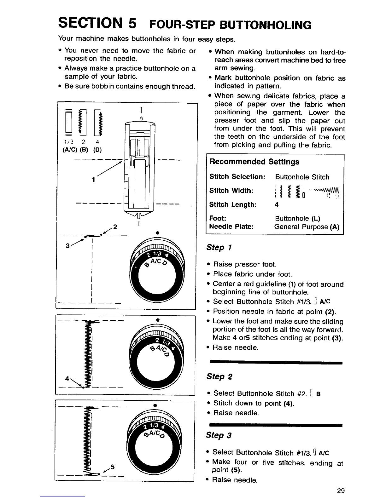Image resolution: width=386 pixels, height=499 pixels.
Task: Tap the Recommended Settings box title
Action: click(x=254, y=162)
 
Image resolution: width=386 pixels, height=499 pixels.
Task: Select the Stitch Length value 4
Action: click(x=277, y=205)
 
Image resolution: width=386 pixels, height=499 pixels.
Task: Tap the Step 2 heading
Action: click(x=219, y=376)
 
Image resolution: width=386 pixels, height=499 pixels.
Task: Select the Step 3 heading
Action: click(x=219, y=435)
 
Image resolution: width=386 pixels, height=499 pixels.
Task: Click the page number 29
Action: click(x=341, y=490)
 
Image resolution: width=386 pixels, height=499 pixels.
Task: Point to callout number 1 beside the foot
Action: click(x=94, y=180)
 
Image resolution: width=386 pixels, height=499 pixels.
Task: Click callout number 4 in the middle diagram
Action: click(x=67, y=378)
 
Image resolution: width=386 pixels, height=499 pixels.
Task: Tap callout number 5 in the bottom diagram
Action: click(x=112, y=467)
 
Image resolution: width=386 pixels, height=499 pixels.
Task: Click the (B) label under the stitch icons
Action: click(x=82, y=149)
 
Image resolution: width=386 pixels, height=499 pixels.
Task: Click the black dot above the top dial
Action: click(x=157, y=232)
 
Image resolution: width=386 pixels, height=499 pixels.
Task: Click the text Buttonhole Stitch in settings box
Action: click(x=302, y=177)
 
